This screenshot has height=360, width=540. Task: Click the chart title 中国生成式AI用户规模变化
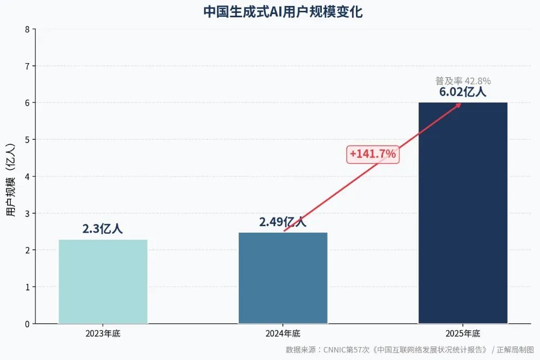(282, 12)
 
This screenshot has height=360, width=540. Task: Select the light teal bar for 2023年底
(103, 281)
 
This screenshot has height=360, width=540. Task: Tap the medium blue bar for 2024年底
(283, 278)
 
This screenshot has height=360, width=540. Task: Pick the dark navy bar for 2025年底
(463, 213)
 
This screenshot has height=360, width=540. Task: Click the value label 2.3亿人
(103, 229)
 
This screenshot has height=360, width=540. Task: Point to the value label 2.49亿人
(282, 222)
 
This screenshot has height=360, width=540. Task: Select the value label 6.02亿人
(463, 92)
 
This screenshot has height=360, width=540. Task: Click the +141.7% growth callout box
(373, 154)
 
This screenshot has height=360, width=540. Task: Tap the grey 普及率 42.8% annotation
(463, 81)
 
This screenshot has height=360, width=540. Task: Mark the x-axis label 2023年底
(103, 334)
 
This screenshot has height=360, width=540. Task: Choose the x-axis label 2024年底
(283, 334)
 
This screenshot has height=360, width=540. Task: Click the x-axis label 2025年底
(463, 334)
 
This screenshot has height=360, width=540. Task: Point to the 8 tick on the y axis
(27, 29)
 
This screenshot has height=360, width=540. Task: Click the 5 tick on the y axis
(27, 140)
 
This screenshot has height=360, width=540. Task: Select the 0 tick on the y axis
(27, 324)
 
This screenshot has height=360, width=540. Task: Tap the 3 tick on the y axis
(27, 213)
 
